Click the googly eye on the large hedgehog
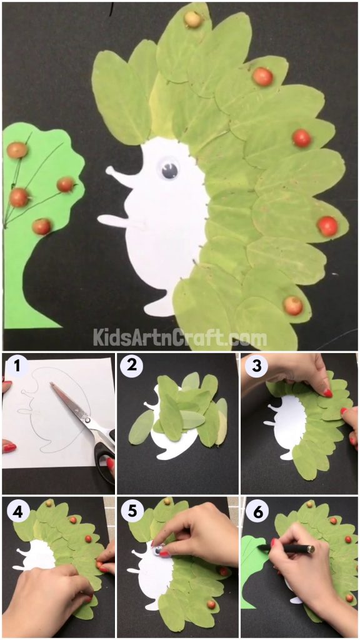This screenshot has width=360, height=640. pos(169,169)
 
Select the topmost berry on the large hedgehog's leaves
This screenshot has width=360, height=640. pos(193,19)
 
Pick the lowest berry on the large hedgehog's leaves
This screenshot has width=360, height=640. pos(292,306)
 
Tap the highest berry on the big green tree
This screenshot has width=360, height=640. pos(17,151)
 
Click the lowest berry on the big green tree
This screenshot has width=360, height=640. pos(42,226)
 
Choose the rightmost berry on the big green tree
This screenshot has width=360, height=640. pos(66,184)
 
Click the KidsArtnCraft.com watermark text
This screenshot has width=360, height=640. pos(180,338)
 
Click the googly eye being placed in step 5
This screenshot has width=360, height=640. pos(160,549)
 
